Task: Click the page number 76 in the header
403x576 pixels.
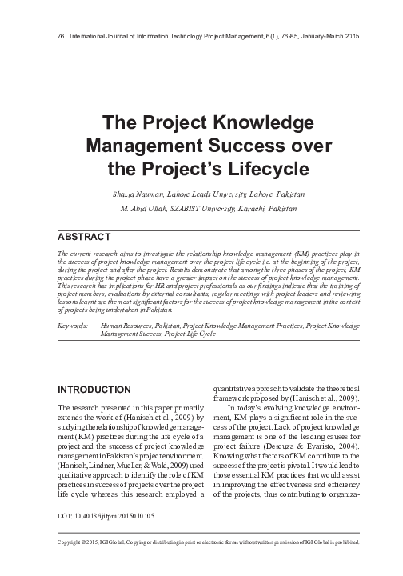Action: point(52,37)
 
